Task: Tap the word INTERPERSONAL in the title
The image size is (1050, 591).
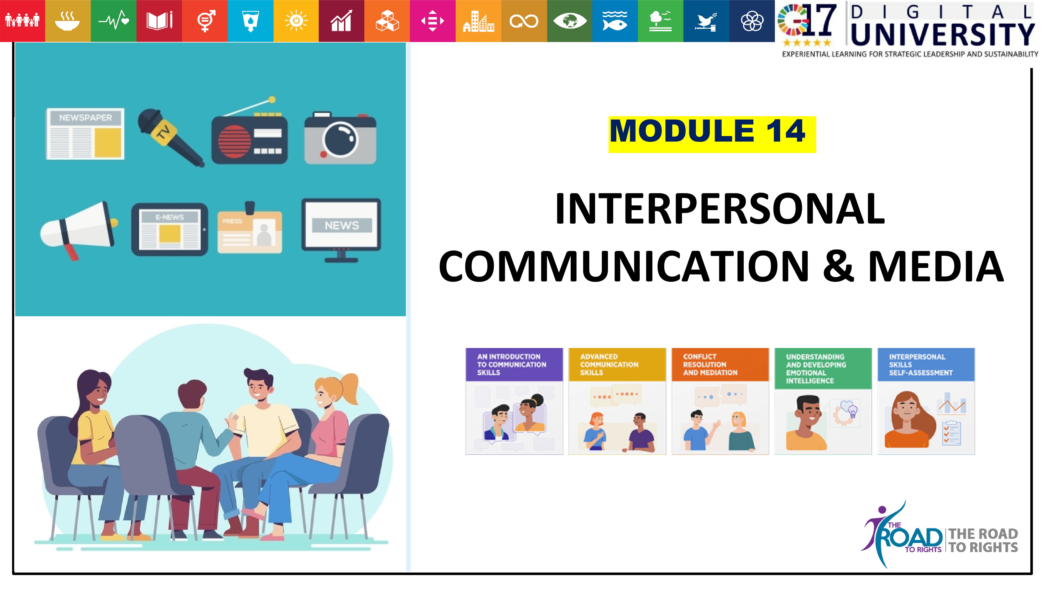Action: tap(720, 209)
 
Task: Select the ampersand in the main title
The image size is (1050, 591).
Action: tap(838, 266)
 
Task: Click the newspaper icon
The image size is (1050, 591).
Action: tap(85, 134)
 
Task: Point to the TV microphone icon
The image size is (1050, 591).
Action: tap(170, 137)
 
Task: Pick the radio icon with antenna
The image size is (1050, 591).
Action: tap(249, 131)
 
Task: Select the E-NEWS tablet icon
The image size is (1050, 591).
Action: tap(170, 230)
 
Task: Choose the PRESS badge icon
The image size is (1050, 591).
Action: tap(249, 229)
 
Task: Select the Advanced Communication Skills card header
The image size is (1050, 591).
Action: tap(617, 365)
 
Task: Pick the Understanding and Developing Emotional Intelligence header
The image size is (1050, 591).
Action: tap(823, 368)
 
